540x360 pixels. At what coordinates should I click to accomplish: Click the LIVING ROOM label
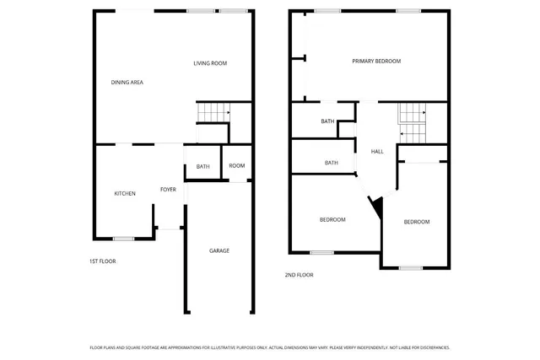click(x=210, y=63)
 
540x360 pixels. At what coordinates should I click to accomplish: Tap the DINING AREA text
click(x=127, y=82)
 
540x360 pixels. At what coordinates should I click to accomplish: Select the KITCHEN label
click(x=125, y=193)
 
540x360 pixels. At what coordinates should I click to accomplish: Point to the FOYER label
click(x=168, y=190)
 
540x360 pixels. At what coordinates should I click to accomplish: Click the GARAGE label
click(x=219, y=250)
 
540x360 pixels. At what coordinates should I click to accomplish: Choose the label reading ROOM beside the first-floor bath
click(x=237, y=165)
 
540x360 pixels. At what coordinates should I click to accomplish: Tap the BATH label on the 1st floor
click(x=203, y=166)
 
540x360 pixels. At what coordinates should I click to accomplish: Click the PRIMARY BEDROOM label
click(x=376, y=61)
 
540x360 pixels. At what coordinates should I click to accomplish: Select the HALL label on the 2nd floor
click(x=377, y=151)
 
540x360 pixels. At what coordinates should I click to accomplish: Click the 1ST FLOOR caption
click(x=102, y=261)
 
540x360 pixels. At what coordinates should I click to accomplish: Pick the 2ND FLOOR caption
click(x=299, y=275)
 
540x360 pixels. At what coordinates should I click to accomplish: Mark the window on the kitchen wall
click(x=124, y=239)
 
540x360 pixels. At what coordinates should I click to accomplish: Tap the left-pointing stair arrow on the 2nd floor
click(x=403, y=132)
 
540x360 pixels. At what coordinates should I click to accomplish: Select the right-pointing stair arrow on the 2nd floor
click(x=421, y=111)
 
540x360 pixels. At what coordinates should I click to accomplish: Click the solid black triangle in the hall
click(x=377, y=205)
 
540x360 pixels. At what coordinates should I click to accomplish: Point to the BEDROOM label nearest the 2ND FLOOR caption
click(x=332, y=220)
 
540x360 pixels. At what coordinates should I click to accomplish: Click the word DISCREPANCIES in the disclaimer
click(x=430, y=347)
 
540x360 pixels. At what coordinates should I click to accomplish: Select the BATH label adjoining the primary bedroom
click(x=327, y=121)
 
